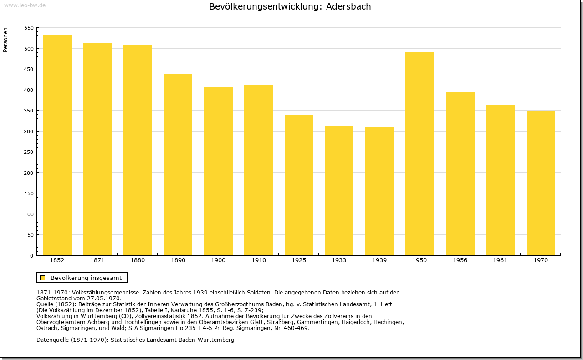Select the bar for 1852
point(57,145)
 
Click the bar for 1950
point(419,154)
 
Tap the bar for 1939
point(379,192)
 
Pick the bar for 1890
point(178,165)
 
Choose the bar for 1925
point(299,185)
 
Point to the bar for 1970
point(541,183)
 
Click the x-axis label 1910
point(258,260)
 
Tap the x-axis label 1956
point(460,260)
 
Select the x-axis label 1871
point(97,260)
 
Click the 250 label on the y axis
point(29,152)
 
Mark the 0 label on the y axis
point(31,256)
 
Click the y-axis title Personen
point(5,40)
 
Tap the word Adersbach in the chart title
point(348,6)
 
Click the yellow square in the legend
point(43,278)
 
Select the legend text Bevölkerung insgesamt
point(86,278)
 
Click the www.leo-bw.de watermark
point(25,5)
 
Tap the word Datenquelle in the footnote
point(53,340)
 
